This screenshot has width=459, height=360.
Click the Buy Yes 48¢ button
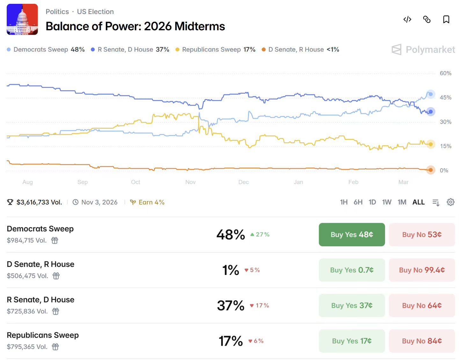tap(352, 234)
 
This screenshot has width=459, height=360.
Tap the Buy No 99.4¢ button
tap(422, 270)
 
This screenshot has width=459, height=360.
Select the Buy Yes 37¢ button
tap(352, 305)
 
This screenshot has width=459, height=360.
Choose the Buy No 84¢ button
tap(422, 341)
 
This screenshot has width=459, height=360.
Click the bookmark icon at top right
tap(446, 19)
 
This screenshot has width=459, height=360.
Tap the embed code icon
tap(407, 19)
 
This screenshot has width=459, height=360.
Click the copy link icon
tap(426, 19)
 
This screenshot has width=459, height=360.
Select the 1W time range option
tap(387, 202)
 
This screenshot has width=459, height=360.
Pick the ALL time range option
tap(419, 202)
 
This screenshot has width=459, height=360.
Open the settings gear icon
tap(450, 202)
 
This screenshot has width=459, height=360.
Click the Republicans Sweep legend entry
tap(215, 49)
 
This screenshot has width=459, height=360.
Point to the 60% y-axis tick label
tap(445, 73)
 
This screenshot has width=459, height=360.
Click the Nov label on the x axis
tap(190, 182)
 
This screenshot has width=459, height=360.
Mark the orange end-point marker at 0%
tap(431, 170)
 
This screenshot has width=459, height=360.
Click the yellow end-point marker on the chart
tap(431, 144)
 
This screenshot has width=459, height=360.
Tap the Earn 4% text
tap(151, 202)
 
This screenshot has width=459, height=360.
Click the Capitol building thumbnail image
tap(22, 19)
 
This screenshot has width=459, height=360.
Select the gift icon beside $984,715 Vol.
tap(55, 240)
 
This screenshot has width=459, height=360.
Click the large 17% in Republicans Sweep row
tap(230, 341)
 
